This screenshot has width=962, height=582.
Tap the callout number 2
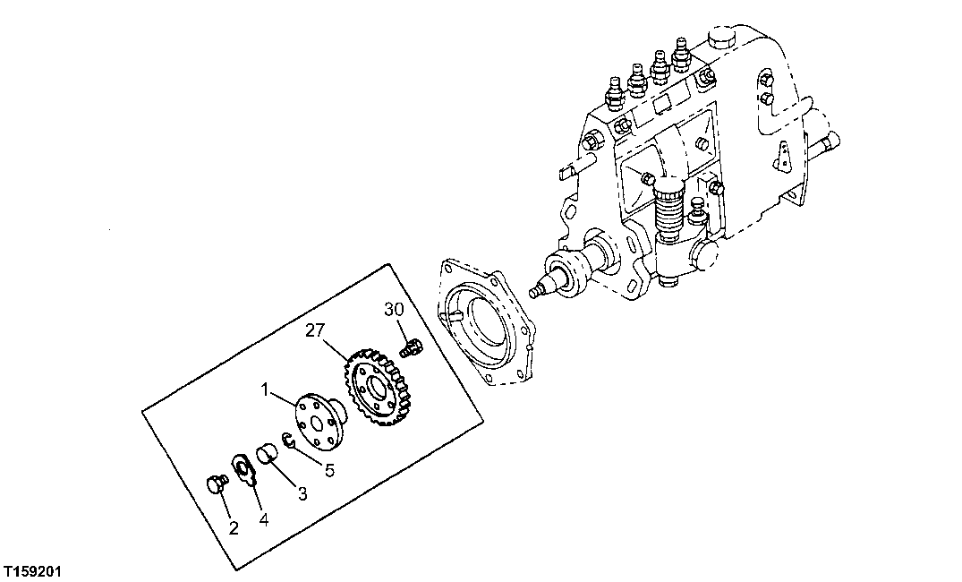tap(234, 527)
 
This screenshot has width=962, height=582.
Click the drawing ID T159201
tap(31, 570)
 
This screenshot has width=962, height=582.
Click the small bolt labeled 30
tap(412, 346)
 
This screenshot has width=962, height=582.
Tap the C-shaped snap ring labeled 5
tap(287, 439)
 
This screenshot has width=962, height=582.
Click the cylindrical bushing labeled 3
tap(268, 455)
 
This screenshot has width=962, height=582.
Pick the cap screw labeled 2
tap(215, 484)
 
